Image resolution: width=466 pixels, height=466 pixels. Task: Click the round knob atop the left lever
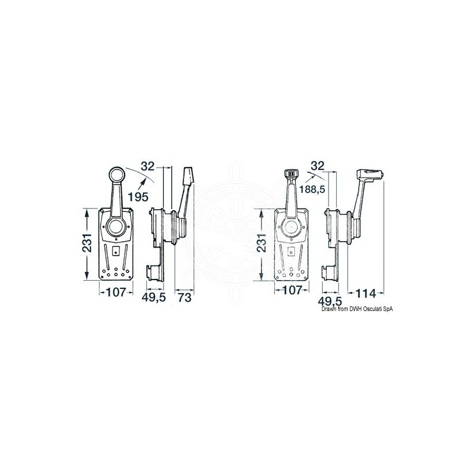[x=115, y=175]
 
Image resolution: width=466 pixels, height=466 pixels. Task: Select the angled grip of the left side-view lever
[x=188, y=177]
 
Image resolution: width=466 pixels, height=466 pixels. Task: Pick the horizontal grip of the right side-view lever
[x=368, y=174]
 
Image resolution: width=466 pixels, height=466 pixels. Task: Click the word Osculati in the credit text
[x=364, y=310]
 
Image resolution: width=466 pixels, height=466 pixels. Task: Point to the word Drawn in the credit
[x=330, y=310]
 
